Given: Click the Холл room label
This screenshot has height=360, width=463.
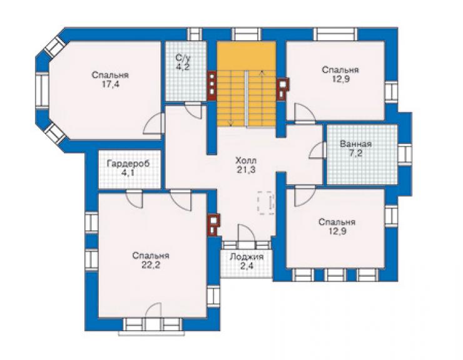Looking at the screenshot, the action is click(246, 161).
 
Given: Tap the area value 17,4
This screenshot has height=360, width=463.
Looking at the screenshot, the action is click(111, 85).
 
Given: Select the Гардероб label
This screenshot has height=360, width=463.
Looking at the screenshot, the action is click(128, 163).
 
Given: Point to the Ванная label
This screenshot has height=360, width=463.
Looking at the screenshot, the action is click(355, 144).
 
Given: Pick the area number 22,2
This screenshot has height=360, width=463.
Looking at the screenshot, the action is click(151, 265).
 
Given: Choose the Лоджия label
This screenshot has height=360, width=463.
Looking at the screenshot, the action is click(247, 257).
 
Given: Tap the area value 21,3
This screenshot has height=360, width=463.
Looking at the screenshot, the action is click(246, 170).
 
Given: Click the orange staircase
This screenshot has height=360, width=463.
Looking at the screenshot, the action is click(247, 85).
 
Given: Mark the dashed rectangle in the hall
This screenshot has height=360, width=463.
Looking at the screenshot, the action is click(267, 203).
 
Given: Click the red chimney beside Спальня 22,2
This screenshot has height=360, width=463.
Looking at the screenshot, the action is click(213, 225).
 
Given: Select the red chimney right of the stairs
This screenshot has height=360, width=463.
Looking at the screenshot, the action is click(282, 89).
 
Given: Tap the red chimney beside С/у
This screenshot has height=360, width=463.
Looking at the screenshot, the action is click(212, 86).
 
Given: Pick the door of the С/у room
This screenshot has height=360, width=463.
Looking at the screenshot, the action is click(193, 110).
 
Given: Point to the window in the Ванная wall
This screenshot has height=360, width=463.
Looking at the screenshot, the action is click(405, 153).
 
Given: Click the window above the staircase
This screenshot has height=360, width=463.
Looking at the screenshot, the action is click(247, 34).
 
